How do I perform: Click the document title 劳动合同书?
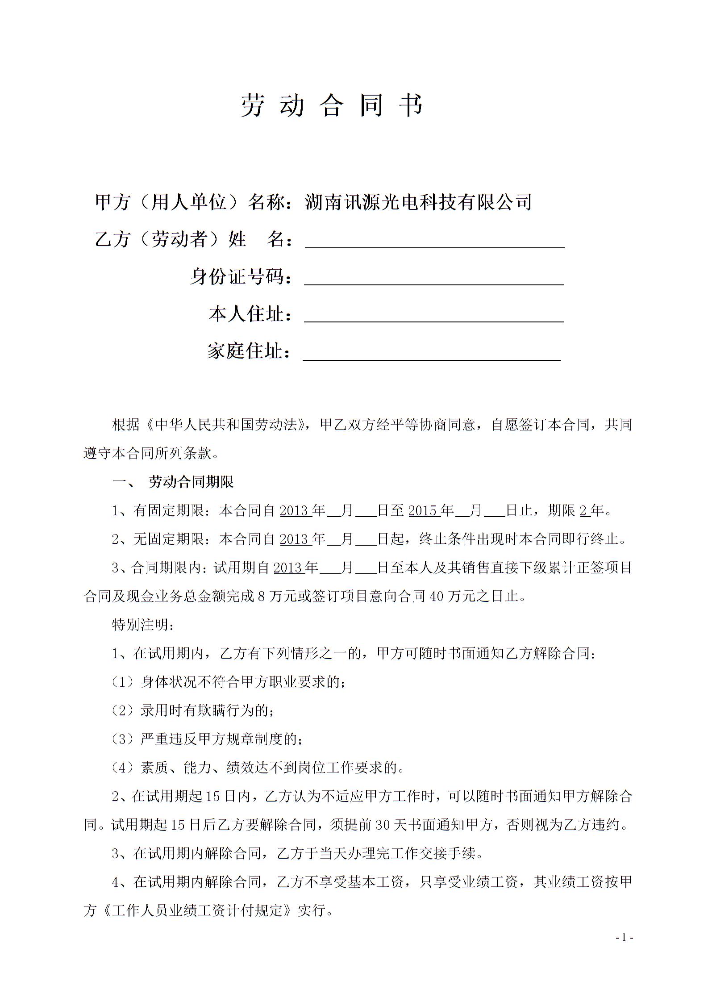pyautogui.click(x=332, y=106)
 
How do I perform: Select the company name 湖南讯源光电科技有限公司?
pyautogui.click(x=418, y=202)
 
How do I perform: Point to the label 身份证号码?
pyautogui.click(x=238, y=277)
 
